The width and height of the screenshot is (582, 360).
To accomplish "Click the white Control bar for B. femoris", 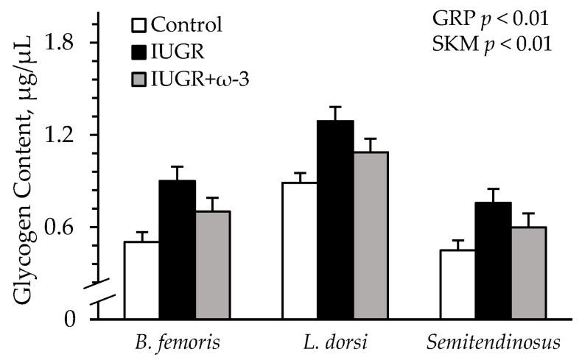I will pyautogui.click(x=141, y=280).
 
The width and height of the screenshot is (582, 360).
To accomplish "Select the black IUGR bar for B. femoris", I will pyautogui.click(x=177, y=250).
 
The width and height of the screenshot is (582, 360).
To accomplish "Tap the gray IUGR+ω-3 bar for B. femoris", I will pyautogui.click(x=212, y=265).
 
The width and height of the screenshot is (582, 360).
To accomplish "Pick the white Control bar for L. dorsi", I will pyautogui.click(x=299, y=251).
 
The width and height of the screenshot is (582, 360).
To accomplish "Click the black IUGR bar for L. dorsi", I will pyautogui.click(x=335, y=220).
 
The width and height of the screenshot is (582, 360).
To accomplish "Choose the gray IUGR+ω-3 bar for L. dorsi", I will pyautogui.click(x=371, y=236).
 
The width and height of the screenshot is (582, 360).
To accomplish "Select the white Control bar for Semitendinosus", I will pyautogui.click(x=457, y=285).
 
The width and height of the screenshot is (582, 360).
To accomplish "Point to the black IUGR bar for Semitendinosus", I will pyautogui.click(x=493, y=261).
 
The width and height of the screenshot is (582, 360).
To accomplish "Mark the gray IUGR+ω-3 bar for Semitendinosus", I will pyautogui.click(x=528, y=273).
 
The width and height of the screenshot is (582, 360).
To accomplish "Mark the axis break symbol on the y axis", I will pyautogui.click(x=100, y=292).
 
